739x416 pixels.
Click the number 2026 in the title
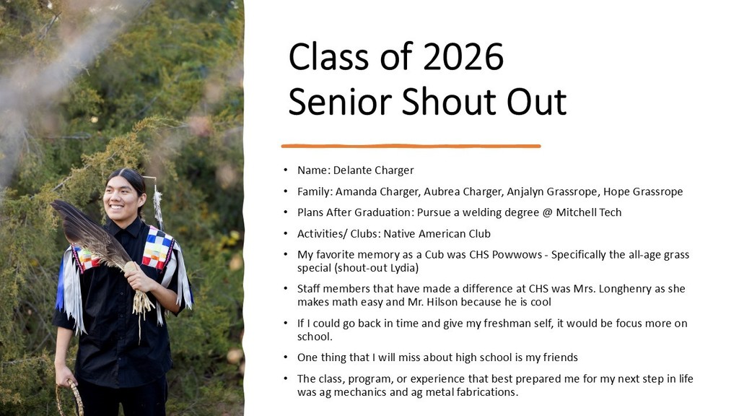[463, 57]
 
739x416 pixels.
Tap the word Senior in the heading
[340, 101]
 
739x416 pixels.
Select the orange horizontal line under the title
[411, 146]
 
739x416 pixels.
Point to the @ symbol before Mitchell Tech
[547, 213]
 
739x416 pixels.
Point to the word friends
[560, 357]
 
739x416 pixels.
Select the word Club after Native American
[479, 234]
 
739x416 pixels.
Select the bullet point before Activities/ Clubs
[286, 234]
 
